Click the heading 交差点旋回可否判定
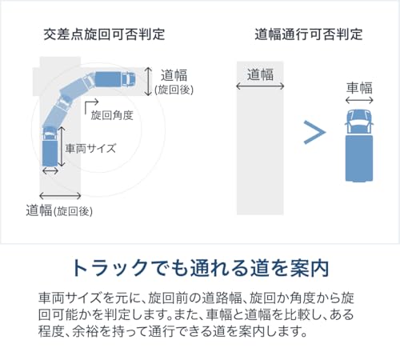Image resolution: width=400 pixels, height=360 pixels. pos(104,34)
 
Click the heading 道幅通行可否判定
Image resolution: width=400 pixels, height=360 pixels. pos(309,34)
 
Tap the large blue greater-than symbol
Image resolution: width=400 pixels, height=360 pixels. pos(314,132)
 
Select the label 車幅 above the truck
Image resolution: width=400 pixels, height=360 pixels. pos(359,88)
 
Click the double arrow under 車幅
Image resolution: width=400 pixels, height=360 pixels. pos(359,100)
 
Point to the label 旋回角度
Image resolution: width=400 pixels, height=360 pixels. pos(112,115)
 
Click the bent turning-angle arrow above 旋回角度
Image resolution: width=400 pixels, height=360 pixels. pos(91,105)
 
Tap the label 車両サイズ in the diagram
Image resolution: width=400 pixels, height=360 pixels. pos(90,148)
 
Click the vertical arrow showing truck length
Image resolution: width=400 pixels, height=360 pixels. pos(62,146)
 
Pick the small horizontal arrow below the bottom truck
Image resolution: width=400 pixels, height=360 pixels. pos(50,170)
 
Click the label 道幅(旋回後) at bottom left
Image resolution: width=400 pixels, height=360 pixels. pos(59,210)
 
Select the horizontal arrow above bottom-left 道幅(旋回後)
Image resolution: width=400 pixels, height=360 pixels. pos(60,196)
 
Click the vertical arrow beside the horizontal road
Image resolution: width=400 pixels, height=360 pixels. pos(148,82)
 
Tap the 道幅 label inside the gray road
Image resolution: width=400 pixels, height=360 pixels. pos(260,74)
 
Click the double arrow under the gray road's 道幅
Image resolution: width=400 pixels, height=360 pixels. pos(260,86)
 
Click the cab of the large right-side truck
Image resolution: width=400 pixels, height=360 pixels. pos(359,122)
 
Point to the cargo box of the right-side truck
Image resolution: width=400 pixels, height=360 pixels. pos(359,158)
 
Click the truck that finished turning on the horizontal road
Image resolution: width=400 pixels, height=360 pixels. pos(115,79)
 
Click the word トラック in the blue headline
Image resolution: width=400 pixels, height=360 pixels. pos(110,268)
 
